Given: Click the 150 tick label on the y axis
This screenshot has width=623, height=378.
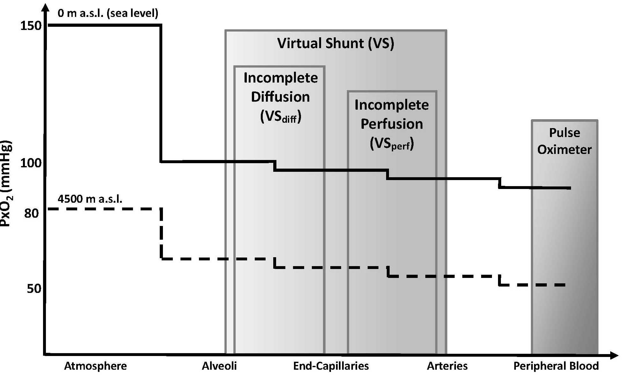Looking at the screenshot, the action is click(x=31, y=25).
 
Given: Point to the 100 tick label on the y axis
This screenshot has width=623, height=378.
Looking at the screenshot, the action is click(x=31, y=163).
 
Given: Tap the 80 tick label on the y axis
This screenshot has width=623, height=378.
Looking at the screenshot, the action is click(x=32, y=213).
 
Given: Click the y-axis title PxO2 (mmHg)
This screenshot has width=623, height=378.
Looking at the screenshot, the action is click(x=6, y=184).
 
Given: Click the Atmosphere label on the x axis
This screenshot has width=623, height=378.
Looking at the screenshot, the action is click(x=95, y=366).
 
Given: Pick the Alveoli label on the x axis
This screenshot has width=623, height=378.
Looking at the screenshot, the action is click(x=219, y=366).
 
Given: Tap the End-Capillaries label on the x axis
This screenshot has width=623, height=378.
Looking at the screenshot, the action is click(x=331, y=366).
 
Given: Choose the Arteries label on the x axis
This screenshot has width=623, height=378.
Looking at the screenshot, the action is click(x=447, y=366).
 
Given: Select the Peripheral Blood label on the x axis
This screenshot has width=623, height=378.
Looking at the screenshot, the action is click(x=556, y=366).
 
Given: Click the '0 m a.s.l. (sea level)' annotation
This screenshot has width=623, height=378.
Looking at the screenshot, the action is click(x=108, y=13).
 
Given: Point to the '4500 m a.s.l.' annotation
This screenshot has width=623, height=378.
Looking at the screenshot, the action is click(x=90, y=199).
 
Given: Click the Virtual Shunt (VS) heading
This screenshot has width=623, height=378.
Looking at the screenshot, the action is click(x=336, y=43).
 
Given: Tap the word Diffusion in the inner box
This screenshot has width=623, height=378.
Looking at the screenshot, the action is click(x=280, y=97).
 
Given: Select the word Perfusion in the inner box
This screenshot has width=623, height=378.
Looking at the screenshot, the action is click(x=392, y=124).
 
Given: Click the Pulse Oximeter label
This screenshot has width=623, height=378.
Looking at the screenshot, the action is click(x=564, y=141).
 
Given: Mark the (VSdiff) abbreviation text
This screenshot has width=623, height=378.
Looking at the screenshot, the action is click(x=281, y=117).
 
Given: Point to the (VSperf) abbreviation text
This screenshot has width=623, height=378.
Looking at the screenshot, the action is click(x=392, y=144).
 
